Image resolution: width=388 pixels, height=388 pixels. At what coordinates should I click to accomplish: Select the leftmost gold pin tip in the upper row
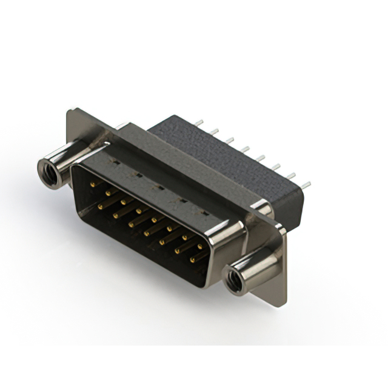pyautogui.click(x=92, y=182)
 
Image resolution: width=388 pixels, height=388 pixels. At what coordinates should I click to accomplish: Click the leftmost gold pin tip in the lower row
pyautogui.click(x=99, y=205)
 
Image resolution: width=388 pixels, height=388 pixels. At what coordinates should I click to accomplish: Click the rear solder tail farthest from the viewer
pyautogui.click(x=199, y=122)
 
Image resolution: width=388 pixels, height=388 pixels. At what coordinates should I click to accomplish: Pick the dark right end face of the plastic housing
pyautogui.click(x=294, y=206)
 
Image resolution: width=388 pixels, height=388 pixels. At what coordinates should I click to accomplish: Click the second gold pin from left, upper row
pyautogui.click(x=107, y=192)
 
